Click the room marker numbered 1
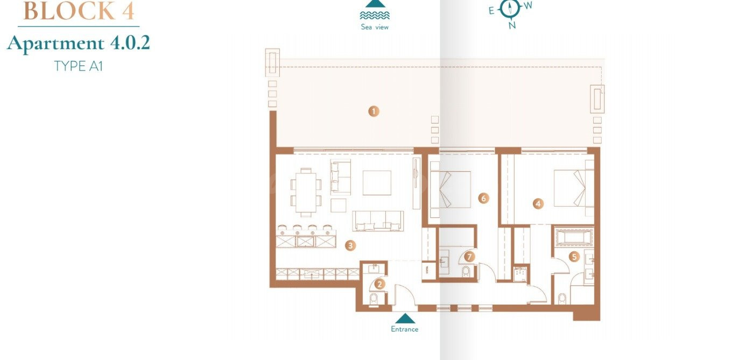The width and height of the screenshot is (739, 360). [x=374, y=111]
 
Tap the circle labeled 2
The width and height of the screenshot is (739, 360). [x=379, y=284]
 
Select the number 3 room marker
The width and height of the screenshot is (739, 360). [x=350, y=245]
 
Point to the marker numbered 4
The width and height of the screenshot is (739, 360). [x=538, y=203]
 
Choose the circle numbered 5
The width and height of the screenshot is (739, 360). [x=574, y=257]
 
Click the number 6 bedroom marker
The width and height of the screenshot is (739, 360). [x=483, y=199]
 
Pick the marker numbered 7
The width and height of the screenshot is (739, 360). [x=469, y=256]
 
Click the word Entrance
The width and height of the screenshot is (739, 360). [x=404, y=329]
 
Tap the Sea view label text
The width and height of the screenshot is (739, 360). [x=375, y=27]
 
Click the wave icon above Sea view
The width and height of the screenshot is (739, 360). [x=375, y=15]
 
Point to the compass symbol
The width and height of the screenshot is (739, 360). [x=510, y=9]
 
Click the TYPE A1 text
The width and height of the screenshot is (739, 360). [x=78, y=66]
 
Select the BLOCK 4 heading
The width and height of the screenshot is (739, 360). [x=79, y=11]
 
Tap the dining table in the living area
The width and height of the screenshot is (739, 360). [x=306, y=192]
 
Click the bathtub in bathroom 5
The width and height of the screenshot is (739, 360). [x=574, y=237]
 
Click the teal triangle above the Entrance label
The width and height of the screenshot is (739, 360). [x=405, y=319]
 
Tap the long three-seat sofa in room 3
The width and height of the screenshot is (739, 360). [x=378, y=221]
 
